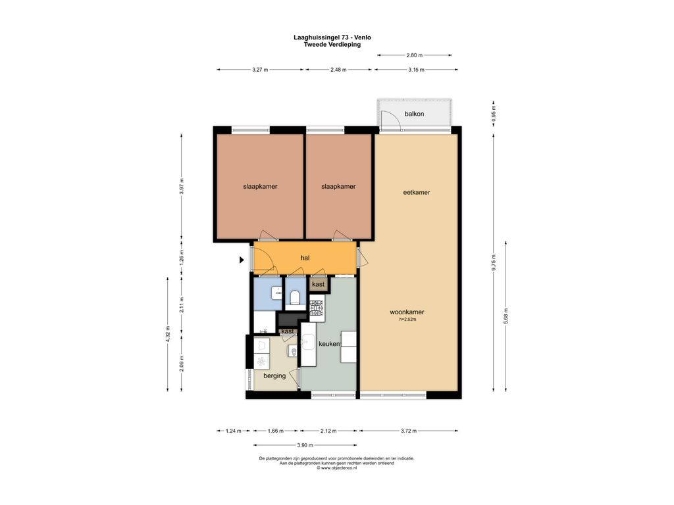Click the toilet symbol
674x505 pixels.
pyautogui.click(x=295, y=297)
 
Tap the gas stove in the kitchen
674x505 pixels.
pyautogui.click(x=317, y=308)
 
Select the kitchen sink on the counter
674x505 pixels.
pyautogui.click(x=308, y=343)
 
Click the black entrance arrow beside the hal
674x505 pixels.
pyautogui.click(x=242, y=260)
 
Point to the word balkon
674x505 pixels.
pyautogui.click(x=415, y=114)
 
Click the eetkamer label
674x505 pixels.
pyautogui.click(x=417, y=193)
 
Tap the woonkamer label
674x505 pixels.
pyautogui.click(x=407, y=312)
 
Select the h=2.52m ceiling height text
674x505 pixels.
pyautogui.click(x=407, y=320)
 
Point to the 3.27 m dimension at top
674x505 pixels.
pyautogui.click(x=260, y=70)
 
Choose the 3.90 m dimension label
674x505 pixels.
pyautogui.click(x=305, y=445)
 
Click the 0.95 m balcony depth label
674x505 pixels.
pyautogui.click(x=494, y=114)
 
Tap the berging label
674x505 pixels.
pyautogui.click(x=274, y=375)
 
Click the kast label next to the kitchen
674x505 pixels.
pyautogui.click(x=319, y=284)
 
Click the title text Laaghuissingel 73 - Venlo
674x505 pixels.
pyautogui.click(x=332, y=37)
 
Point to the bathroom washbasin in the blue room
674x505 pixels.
pyautogui.click(x=276, y=293)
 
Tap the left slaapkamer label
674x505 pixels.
pyautogui.click(x=260, y=186)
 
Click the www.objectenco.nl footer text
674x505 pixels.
pyautogui.click(x=336, y=468)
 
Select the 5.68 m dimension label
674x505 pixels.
pyautogui.click(x=506, y=316)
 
